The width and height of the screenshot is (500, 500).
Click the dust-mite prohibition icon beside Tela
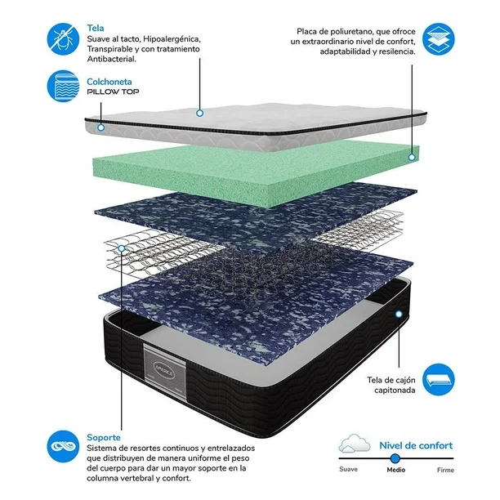pos(63,39)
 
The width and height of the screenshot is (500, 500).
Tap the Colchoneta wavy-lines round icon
pos(63,86)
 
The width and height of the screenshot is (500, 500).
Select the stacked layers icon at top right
pos(439,39)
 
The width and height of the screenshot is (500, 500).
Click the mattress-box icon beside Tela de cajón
pos(439,379)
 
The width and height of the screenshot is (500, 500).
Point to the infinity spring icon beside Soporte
pos(63,446)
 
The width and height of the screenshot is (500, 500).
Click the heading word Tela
pos(96,28)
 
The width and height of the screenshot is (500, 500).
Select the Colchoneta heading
pos(109,82)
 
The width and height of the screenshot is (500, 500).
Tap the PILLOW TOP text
pos(114,92)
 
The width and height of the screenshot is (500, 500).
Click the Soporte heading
pos(104,438)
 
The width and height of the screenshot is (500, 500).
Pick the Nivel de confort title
pos(416,445)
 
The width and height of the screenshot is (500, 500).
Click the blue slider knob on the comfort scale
pos(395,458)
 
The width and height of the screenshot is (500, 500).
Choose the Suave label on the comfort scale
pos(349,469)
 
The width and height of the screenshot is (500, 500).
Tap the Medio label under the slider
pos(396,470)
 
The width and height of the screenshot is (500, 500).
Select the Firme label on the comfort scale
pos(445,470)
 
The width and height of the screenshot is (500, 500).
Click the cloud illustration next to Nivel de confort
pos(355,444)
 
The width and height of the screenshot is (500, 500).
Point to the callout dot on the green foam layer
pos(412,157)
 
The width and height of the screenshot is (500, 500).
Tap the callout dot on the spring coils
pos(122,248)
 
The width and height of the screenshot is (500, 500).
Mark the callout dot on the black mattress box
pos(399,314)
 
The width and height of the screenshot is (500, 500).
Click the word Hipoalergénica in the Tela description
pos(172,39)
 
